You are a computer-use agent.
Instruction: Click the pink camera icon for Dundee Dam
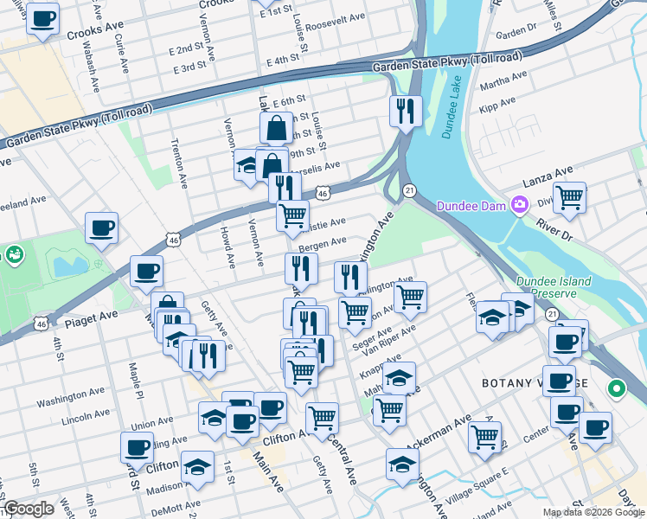[519, 205]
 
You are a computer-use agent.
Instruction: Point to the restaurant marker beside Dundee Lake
[404, 111]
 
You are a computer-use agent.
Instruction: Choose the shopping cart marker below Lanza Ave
[569, 198]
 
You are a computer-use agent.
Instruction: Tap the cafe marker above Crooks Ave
[42, 18]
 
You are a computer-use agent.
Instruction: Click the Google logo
[29, 509]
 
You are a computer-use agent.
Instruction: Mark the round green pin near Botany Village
[616, 388]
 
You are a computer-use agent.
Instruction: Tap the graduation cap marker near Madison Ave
[197, 468]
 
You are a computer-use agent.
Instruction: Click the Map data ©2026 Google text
[593, 512]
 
